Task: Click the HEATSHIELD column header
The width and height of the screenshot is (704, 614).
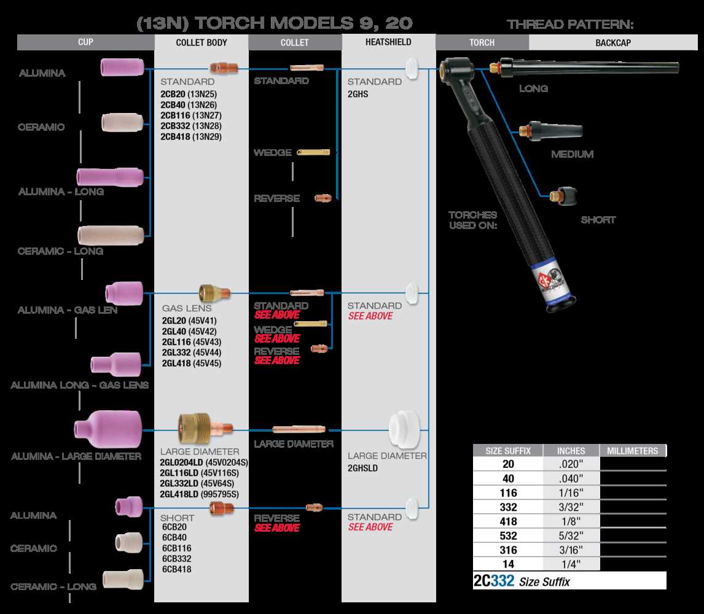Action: pyautogui.click(x=388, y=42)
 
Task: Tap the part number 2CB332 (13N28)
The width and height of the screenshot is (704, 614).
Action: pyautogui.click(x=191, y=125)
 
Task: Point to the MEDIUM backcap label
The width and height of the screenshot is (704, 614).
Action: pyautogui.click(x=572, y=154)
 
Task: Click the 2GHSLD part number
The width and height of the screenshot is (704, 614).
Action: pyautogui.click(x=362, y=467)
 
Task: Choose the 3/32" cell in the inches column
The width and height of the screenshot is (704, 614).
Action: pyautogui.click(x=571, y=507)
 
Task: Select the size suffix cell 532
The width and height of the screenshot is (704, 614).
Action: pyautogui.click(x=508, y=535)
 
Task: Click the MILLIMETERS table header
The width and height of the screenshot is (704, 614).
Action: pyautogui.click(x=633, y=451)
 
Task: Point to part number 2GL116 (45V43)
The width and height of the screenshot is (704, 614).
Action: pyautogui.click(x=191, y=341)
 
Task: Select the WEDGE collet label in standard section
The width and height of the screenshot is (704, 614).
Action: pyautogui.click(x=273, y=153)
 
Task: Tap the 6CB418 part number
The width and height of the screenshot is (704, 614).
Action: pyautogui.click(x=177, y=569)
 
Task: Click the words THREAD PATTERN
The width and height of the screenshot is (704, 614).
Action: pyautogui.click(x=569, y=25)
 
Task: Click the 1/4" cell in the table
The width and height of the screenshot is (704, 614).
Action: pyautogui.click(x=571, y=564)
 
